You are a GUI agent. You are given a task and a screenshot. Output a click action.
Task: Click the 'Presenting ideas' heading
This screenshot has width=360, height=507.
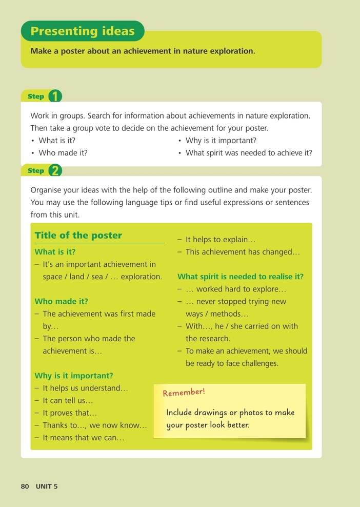coord(82,31)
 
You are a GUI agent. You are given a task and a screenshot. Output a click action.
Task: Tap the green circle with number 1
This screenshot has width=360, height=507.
coord(55,96)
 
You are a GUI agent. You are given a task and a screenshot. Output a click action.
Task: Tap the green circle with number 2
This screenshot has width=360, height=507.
coord(55,171)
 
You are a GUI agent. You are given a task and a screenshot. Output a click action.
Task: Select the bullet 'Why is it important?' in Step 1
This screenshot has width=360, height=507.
coord(221,140)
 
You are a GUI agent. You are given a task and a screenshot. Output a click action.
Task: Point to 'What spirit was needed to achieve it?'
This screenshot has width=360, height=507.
coord(249,152)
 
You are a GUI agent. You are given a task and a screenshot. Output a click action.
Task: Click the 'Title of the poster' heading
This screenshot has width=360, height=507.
coord(78,236)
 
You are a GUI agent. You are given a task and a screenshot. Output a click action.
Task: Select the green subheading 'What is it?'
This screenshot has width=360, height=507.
coord(55,252)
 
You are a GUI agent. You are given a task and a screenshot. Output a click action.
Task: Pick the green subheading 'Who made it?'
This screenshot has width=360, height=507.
coord(62,301)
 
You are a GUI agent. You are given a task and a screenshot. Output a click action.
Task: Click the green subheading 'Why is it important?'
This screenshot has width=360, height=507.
coord(74,376)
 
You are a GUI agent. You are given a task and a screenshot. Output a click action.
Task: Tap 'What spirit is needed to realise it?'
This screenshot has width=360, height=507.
coord(241,277)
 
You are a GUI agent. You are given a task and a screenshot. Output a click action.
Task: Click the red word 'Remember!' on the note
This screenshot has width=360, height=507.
coord(184,393)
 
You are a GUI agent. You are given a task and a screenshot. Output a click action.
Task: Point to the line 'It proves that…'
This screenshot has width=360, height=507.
coord(69,413)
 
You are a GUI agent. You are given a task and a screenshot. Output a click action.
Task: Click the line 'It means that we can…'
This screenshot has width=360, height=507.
coord(83,438)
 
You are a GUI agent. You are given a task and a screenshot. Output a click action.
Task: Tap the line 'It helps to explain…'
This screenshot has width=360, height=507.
coord(220,240)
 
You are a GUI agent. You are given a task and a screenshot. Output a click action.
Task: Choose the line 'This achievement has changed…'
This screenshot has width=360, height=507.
coord(242,252)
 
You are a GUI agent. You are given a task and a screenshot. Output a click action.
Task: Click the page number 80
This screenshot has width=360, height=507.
coord(25,486)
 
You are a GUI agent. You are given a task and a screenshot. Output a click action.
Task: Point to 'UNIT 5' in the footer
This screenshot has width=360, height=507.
coord(47,486)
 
